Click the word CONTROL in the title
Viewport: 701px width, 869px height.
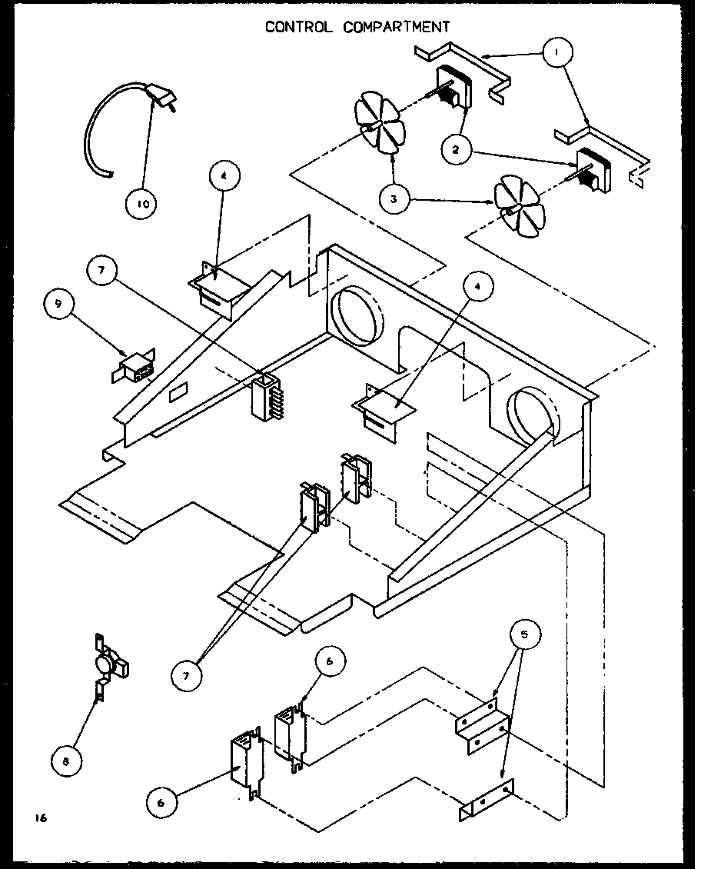click(299, 27)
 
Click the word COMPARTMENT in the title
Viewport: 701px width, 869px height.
click(397, 27)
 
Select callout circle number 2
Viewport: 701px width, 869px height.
click(457, 150)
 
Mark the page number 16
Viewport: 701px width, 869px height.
click(40, 818)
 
